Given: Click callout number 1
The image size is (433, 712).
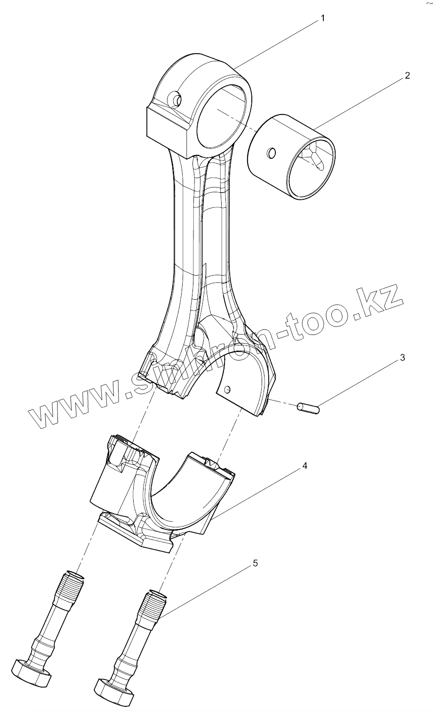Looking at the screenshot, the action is pyautogui.click(x=323, y=18).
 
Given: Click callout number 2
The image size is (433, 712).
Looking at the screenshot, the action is pyautogui.click(x=407, y=75).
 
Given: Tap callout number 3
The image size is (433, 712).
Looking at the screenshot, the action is pyautogui.click(x=402, y=358).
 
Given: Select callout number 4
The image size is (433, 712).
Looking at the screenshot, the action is pyautogui.click(x=305, y=466).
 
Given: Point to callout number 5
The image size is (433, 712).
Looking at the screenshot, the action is pyautogui.click(x=255, y=564).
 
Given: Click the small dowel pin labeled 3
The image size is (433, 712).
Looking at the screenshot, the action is pyautogui.click(x=308, y=408).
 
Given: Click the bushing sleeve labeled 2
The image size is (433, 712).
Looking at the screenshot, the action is pyautogui.click(x=292, y=155).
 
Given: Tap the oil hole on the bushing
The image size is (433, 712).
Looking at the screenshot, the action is pyautogui.click(x=271, y=153).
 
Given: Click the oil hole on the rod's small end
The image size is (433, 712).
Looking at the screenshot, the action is pyautogui.click(x=177, y=99).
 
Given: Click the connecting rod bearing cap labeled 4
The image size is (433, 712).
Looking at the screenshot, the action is pyautogui.click(x=160, y=495).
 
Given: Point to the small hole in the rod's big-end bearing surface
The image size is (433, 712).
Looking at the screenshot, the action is pyautogui.click(x=228, y=389).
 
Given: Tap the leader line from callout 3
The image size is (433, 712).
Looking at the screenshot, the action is pyautogui.click(x=358, y=382).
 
